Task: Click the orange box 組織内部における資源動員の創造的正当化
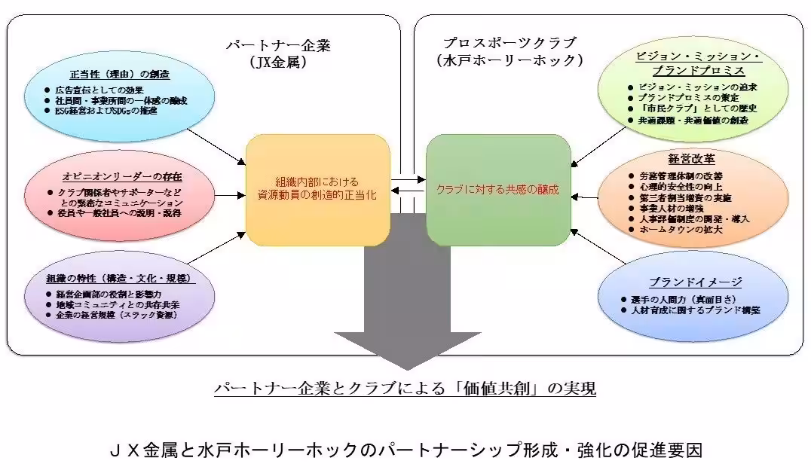tap(318, 189)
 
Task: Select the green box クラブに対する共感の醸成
tap(497, 189)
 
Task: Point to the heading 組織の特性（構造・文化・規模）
tap(121, 278)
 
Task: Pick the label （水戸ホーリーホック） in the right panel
tap(500, 60)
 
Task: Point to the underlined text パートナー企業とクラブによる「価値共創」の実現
tap(405, 389)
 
